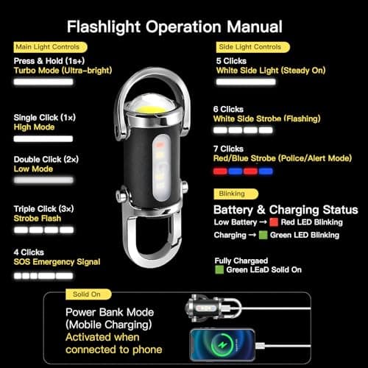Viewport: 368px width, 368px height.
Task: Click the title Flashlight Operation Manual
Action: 174,26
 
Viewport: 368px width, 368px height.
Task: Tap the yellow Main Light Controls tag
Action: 50,47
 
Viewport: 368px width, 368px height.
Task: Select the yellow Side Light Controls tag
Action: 252,47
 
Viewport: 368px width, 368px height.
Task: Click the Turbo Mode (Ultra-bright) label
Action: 63,71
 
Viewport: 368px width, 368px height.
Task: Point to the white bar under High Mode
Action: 43,139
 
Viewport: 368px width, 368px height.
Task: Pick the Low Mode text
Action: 33,169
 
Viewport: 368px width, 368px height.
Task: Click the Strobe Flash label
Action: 38,219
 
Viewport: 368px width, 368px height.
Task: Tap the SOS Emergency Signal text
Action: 57,262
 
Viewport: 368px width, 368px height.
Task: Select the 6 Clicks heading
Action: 228,109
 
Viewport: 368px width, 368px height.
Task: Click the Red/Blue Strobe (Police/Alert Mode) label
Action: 283,158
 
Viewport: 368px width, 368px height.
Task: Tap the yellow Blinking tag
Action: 236,194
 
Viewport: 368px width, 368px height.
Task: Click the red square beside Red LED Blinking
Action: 274,222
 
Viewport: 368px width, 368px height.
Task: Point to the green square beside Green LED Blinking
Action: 263,235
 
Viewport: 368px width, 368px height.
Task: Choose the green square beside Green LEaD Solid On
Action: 219,270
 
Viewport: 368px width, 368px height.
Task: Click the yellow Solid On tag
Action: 88,294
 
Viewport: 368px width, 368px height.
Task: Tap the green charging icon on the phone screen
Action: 222,345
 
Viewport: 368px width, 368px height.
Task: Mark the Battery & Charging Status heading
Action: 286,210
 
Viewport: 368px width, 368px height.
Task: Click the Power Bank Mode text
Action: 110,312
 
